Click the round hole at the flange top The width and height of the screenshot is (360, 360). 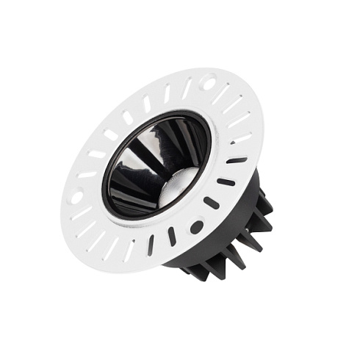[209, 83]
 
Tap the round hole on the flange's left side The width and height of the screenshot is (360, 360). [76, 197]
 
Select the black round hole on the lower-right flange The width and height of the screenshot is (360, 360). [196, 227]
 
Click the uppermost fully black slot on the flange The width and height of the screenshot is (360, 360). [237, 159]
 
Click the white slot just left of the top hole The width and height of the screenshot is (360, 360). [187, 90]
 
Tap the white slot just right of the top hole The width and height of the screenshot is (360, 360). [221, 93]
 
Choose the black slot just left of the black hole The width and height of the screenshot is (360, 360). [172, 236]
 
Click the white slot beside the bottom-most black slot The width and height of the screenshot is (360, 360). [130, 246]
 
